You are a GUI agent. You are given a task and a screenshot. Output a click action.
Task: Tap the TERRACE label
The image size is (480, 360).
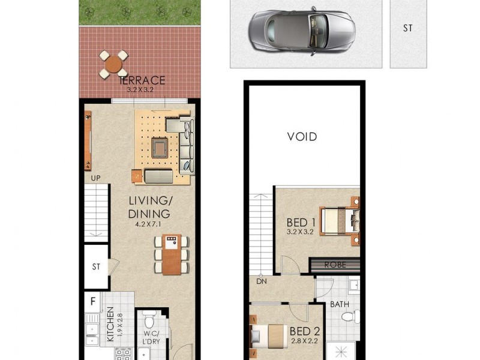[x=142, y=80]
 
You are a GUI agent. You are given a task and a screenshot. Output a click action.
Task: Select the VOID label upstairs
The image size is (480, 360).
[x=302, y=137]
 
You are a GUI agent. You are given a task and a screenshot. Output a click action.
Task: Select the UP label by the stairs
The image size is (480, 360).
[x=95, y=178]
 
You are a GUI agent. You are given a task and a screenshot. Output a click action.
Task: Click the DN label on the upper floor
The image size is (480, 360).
[x=262, y=280]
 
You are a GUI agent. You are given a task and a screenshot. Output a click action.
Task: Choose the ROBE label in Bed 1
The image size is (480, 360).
[x=335, y=265]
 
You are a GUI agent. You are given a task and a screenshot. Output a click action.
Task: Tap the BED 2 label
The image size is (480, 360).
[x=304, y=331]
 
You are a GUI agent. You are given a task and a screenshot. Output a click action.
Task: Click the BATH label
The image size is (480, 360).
[x=340, y=304]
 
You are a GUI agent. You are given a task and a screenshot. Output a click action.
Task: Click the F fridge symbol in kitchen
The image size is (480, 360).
[x=93, y=301]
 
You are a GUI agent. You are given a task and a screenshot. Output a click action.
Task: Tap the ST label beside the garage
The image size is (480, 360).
[x=407, y=28]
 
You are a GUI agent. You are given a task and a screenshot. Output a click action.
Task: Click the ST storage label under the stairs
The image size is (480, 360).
[x=95, y=267]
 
